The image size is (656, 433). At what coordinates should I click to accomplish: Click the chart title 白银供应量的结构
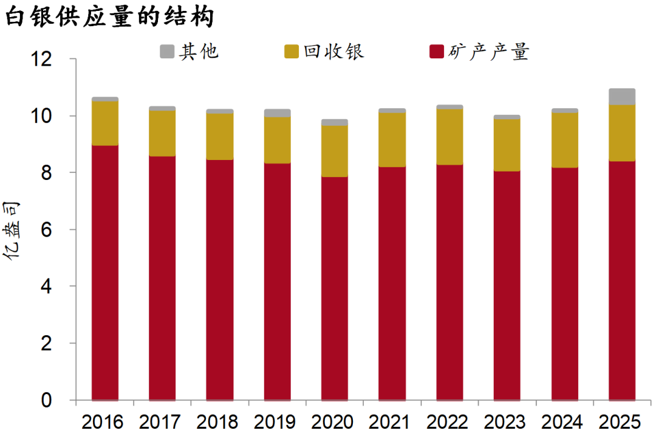pyautogui.click(x=109, y=16)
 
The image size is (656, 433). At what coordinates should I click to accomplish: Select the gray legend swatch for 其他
pyautogui.click(x=167, y=52)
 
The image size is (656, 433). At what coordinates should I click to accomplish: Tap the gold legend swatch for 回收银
pyautogui.click(x=292, y=52)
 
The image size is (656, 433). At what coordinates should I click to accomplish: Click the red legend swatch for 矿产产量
pyautogui.click(x=436, y=52)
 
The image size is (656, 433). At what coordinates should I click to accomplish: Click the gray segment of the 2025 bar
pyautogui.click(x=622, y=97)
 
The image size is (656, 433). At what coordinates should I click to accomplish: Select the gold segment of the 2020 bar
pyautogui.click(x=335, y=151)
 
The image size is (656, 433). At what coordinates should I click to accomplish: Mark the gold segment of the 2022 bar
pyautogui.click(x=449, y=137)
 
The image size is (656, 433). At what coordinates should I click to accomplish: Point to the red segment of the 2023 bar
pyautogui.click(x=507, y=286)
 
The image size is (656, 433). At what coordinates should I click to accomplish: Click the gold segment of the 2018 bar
pyautogui.click(x=220, y=137)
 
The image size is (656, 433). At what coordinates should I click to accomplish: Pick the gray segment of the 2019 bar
pyautogui.click(x=277, y=113)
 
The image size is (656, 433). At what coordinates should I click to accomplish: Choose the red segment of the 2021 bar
pyautogui.click(x=392, y=283)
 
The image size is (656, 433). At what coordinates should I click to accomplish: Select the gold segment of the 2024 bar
pyautogui.click(x=564, y=140)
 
